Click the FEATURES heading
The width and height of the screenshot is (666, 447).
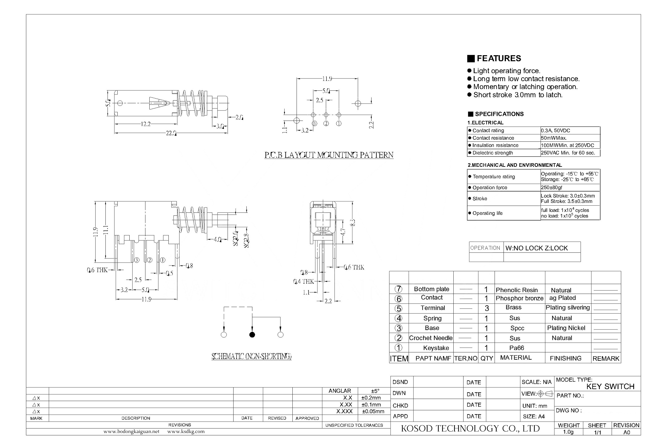point(499,58)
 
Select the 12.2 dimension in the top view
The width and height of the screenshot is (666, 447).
point(145,124)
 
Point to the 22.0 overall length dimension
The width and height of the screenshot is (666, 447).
point(171,133)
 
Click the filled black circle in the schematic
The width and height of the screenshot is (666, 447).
point(252,335)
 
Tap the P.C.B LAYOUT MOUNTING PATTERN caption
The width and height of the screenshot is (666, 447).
point(329,155)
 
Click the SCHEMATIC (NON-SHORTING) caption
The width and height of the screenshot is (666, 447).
point(251,356)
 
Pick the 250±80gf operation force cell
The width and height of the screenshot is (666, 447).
point(552,187)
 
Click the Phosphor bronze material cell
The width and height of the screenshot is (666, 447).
point(520,298)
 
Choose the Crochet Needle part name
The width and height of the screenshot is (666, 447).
point(431,338)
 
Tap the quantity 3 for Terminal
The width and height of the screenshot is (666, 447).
point(487,308)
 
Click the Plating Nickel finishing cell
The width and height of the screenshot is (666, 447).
point(566,328)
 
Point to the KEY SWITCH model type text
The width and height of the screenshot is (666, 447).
point(610,386)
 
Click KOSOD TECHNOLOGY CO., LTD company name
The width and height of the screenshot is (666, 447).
point(470,428)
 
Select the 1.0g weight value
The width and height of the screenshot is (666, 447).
point(568,432)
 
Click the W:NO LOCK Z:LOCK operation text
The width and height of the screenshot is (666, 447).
point(537,248)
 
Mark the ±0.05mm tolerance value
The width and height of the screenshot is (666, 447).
point(373,411)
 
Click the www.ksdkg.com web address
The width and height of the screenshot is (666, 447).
point(186,431)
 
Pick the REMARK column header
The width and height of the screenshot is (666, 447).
point(606,358)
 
